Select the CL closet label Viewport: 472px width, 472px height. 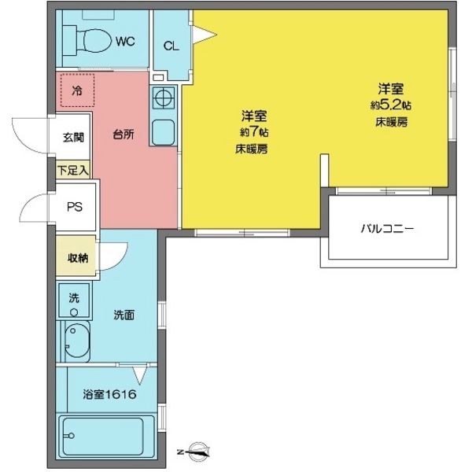point(171,46)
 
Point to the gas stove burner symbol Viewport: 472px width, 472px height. point(165,99)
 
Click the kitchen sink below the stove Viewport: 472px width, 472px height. point(165,131)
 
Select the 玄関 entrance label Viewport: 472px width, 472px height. point(74,136)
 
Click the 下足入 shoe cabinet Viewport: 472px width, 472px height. point(74,168)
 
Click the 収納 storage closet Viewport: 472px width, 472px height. point(76,258)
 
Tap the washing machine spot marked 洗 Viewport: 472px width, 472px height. point(74,300)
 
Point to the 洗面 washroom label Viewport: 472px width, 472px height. point(124,316)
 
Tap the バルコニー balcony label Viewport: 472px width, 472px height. point(387,230)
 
